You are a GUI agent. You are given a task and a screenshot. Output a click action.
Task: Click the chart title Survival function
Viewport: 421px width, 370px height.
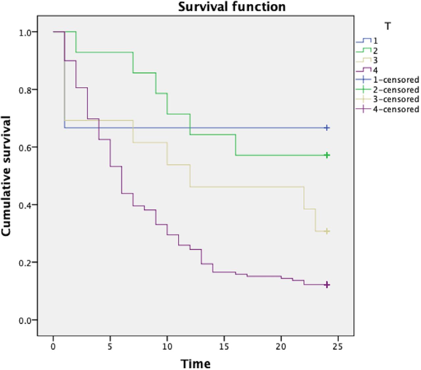232,7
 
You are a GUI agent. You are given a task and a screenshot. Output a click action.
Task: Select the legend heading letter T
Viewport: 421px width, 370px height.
388,26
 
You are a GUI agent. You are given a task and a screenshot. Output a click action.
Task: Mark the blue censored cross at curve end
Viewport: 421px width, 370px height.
327,128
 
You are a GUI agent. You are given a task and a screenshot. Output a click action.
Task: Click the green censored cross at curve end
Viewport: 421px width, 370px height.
327,155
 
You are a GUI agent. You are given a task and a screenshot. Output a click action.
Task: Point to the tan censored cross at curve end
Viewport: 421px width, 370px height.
327,231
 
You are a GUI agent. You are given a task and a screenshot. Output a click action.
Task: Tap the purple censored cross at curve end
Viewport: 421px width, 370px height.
327,285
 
